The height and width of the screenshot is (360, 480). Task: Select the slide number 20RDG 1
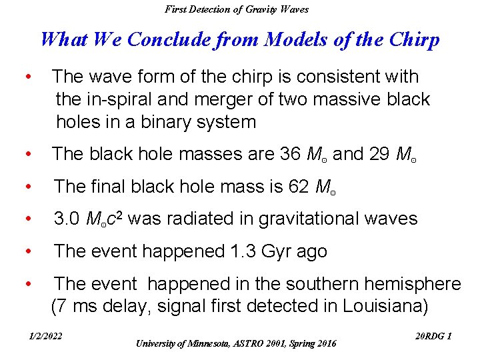[x=433, y=336]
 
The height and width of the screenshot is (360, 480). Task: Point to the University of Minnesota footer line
[x=236, y=343]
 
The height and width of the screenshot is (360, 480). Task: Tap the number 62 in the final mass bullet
[x=296, y=187]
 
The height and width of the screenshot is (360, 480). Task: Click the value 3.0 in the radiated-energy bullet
[x=67, y=219]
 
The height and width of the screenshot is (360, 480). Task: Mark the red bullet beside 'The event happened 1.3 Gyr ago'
[x=28, y=251]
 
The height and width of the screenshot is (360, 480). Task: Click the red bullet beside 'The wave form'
[x=28, y=77]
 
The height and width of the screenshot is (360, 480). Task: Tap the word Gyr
[x=272, y=252]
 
